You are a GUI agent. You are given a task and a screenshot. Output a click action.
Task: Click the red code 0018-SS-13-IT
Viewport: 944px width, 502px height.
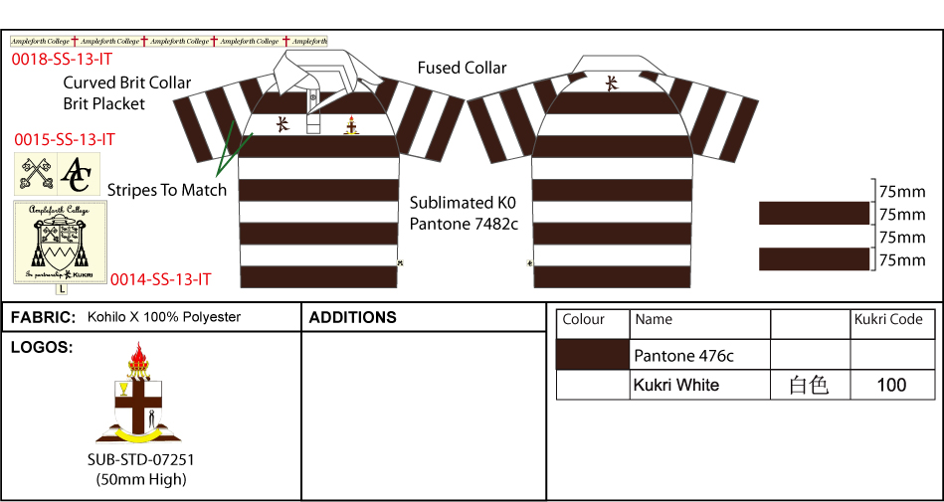coord(62,60)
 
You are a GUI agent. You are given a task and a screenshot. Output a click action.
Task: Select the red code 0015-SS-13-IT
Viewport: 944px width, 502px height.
coord(65,140)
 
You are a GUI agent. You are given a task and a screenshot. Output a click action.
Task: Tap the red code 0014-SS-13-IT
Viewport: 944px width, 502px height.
coord(160,279)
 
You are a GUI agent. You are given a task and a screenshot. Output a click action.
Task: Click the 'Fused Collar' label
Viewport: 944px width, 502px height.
coord(462,68)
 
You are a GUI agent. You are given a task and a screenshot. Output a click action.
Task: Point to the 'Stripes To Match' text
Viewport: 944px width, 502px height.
coord(167,190)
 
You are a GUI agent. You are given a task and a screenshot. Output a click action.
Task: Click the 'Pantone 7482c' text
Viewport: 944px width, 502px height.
coord(464,224)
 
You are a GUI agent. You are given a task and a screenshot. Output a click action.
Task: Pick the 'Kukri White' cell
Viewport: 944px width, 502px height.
coord(676,385)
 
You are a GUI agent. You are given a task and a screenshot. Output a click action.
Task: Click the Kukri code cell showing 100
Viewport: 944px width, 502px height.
coord(891,385)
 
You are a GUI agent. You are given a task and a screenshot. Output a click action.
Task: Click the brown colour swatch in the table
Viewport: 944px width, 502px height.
coord(593,354)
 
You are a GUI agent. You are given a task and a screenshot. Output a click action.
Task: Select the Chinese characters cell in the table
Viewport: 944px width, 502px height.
coord(809,385)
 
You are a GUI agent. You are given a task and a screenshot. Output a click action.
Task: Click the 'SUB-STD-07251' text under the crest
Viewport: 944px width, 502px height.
coord(140,460)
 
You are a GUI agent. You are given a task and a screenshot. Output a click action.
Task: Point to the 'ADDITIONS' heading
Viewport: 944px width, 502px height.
coord(353,318)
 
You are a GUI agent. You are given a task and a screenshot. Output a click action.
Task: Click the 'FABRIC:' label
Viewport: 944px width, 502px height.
coord(43,318)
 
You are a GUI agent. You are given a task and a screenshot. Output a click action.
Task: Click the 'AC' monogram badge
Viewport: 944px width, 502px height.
coord(77,174)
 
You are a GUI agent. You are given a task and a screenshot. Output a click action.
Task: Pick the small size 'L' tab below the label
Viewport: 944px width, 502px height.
coord(62,289)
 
